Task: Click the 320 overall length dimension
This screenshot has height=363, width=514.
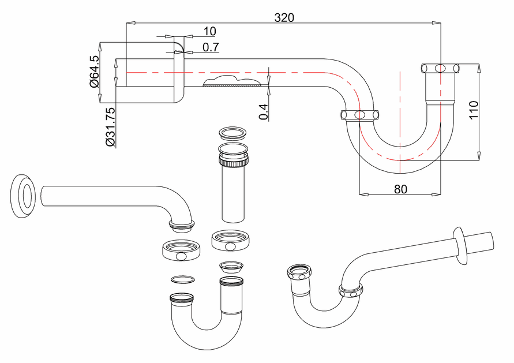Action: coord(284,17)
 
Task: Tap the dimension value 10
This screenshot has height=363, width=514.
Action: coord(210,32)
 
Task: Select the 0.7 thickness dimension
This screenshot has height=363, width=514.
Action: coord(211,47)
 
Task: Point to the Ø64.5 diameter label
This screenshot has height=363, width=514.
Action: coord(94,72)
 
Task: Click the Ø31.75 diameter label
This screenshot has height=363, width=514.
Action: coord(110,126)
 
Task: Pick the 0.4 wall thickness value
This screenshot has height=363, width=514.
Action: coord(264,111)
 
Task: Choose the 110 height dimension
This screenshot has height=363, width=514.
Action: coord(474,110)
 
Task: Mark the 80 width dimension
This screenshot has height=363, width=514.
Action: coord(400,189)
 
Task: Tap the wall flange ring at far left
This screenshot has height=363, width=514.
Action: coord(23,196)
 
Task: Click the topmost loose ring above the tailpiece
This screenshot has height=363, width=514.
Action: coord(232,133)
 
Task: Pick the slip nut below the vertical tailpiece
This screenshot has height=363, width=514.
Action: coord(231,240)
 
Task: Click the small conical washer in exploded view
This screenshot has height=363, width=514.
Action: coord(231,267)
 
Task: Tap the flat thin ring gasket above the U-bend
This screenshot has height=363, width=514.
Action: coord(183,279)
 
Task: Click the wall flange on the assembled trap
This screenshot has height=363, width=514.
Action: coord(460,245)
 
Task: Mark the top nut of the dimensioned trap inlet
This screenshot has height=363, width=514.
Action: coord(440,68)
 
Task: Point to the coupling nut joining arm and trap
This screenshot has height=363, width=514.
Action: coord(359,115)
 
